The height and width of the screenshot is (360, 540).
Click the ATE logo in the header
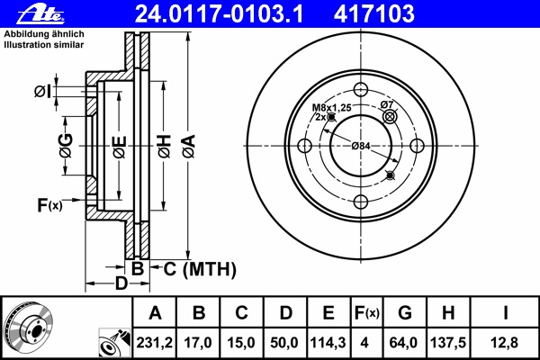coord(40,13)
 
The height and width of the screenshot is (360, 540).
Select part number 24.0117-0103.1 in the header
coord(219,13)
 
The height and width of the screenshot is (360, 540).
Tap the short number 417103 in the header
coord(374,13)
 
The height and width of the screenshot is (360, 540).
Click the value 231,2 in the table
coord(154,343)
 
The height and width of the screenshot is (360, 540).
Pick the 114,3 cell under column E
coord(328,343)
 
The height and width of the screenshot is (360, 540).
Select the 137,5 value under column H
coord(448,343)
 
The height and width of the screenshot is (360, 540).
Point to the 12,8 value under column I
coord(505,343)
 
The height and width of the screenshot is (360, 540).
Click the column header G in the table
coord(405,313)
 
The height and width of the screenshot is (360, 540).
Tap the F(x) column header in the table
coord(367,313)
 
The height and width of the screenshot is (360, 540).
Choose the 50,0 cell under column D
coord(284,343)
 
